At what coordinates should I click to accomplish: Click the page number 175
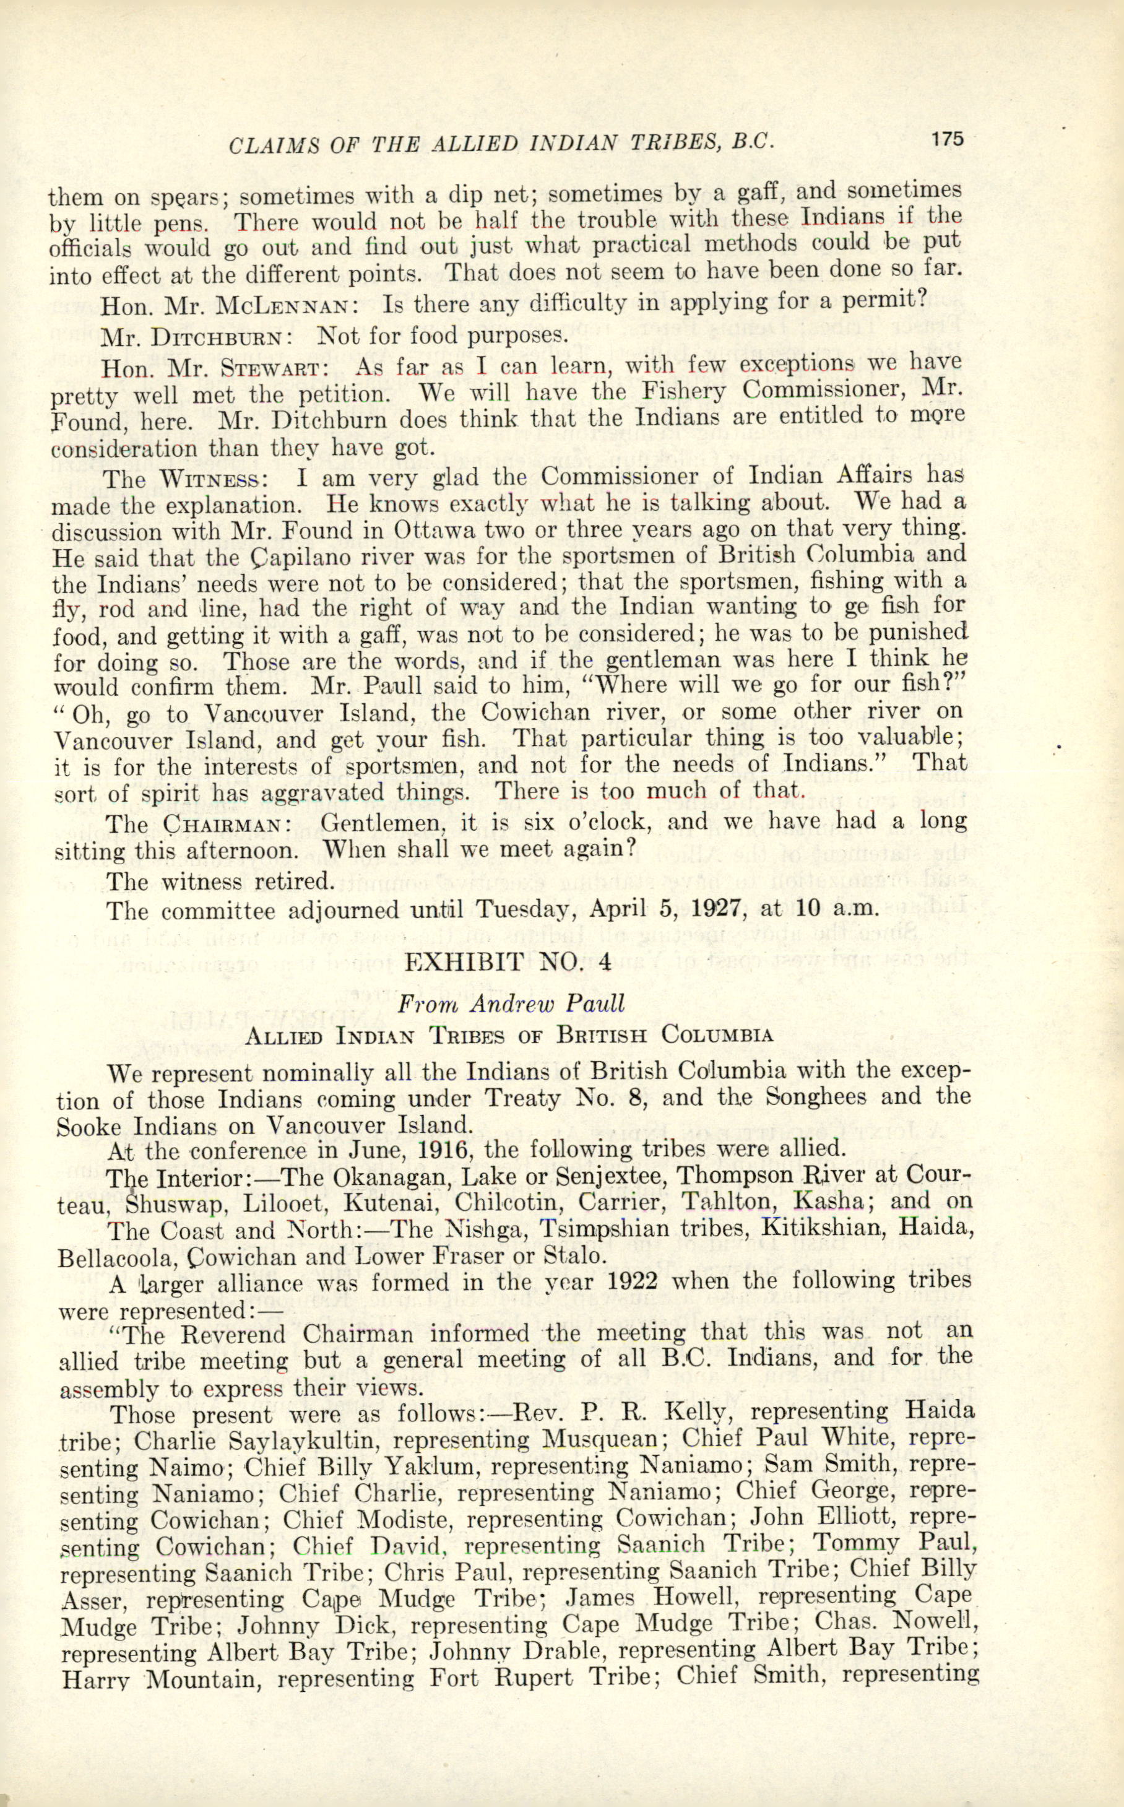946,139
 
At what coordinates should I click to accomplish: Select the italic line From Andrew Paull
511,1003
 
